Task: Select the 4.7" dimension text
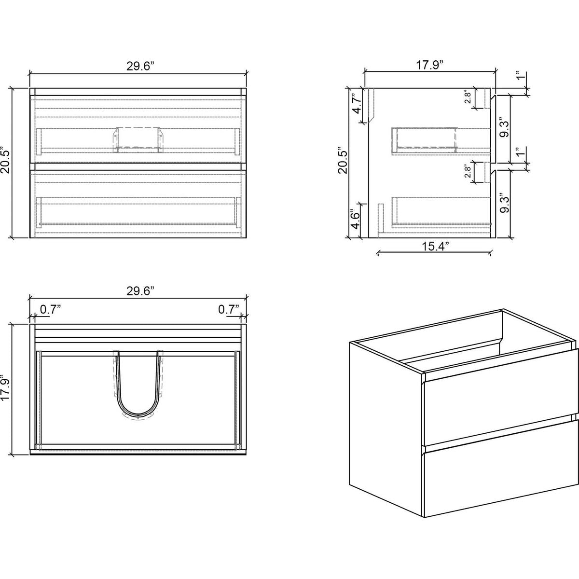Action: point(357,103)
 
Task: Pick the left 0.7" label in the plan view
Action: point(50,309)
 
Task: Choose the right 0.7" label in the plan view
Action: point(229,309)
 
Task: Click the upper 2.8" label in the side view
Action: point(467,98)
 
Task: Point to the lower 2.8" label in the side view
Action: point(467,172)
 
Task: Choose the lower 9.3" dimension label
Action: point(504,203)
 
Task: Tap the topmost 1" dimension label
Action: point(520,77)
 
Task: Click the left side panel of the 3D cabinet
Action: point(385,425)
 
